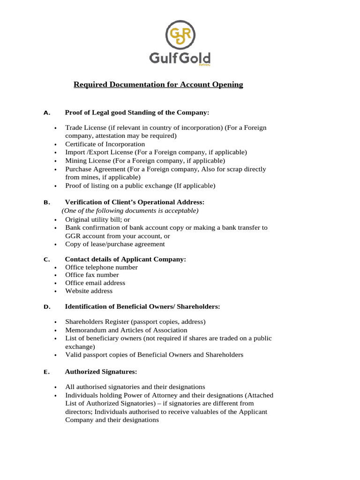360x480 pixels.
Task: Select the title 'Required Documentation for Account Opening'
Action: coord(158,85)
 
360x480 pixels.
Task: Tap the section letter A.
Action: coord(46,113)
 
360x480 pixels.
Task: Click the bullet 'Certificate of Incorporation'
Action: coord(105,144)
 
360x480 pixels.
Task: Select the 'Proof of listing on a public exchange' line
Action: coord(140,186)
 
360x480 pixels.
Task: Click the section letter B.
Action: coord(46,202)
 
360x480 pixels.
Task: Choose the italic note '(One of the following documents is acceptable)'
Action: coord(130,211)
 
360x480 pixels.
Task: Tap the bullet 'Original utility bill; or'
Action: coord(97,219)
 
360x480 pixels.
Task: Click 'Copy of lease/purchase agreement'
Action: coord(115,244)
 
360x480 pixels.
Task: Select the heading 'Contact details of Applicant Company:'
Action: coord(125,259)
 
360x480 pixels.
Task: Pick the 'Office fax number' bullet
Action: coord(92,275)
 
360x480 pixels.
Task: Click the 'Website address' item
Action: coord(89,291)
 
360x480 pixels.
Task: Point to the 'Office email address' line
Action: coord(95,283)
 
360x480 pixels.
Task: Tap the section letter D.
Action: coord(46,307)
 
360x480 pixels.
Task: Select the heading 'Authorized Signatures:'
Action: coord(101,372)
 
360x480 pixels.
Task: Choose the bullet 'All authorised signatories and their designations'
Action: coord(135,387)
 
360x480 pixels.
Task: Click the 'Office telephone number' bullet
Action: coord(101,267)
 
